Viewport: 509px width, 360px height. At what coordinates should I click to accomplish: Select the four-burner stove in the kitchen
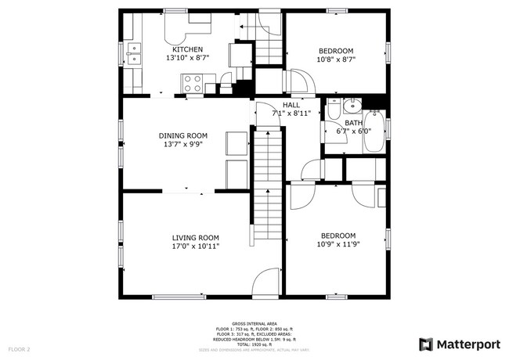pos(192,81)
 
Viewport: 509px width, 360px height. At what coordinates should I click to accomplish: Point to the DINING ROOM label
pos(182,135)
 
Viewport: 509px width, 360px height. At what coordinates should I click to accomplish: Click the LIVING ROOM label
pos(196,237)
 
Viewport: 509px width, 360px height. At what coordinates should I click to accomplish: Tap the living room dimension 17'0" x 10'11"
pos(196,247)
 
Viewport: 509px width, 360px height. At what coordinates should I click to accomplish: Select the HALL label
pos(291,105)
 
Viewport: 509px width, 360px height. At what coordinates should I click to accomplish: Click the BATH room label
pos(354,123)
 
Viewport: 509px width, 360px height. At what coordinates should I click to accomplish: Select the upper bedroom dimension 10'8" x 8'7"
pos(337,59)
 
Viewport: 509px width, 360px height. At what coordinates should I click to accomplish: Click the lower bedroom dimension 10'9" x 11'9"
pos(338,244)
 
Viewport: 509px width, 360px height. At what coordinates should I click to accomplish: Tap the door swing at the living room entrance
pos(268,281)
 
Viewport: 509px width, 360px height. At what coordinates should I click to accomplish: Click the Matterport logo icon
pos(425,344)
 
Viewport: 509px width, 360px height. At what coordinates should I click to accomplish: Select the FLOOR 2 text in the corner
pos(20,348)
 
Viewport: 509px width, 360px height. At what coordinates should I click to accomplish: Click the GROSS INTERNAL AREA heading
pos(254,322)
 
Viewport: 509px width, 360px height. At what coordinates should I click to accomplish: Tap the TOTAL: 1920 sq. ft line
pos(254,344)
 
